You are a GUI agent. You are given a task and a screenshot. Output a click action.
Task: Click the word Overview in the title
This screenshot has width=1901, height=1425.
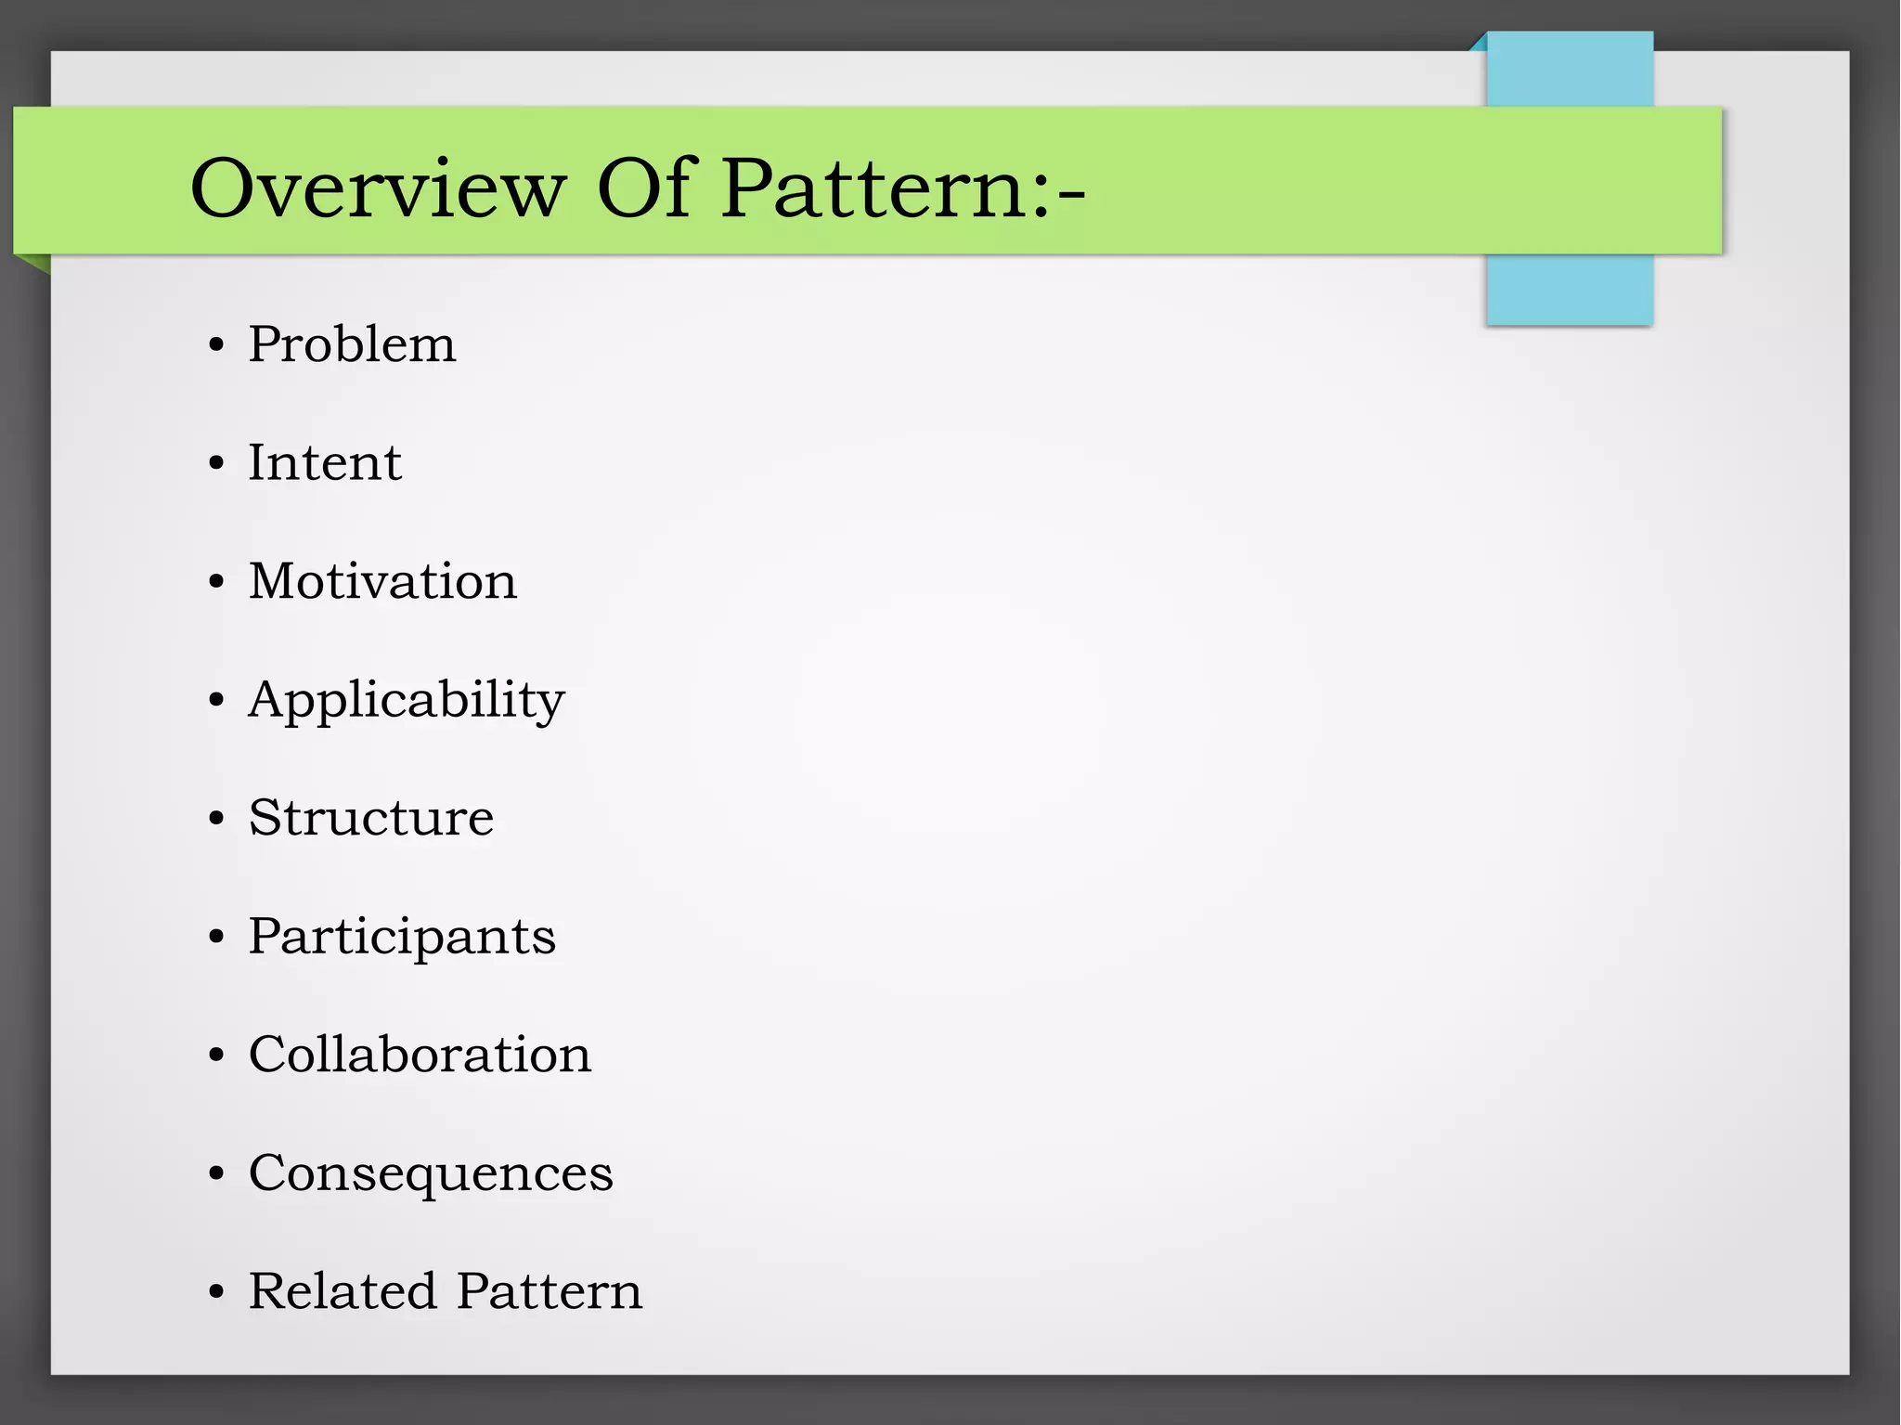coord(377,188)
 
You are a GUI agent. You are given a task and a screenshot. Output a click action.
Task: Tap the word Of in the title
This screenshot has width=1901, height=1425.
coord(644,188)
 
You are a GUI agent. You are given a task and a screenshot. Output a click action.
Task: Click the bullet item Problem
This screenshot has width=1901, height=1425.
coord(352,344)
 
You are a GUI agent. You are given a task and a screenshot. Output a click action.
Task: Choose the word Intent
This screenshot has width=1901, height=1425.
coord(324,462)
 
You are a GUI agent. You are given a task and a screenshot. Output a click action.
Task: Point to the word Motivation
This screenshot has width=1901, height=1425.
coord(382,581)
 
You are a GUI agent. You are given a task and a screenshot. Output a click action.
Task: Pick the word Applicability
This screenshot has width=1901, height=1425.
coord(406,701)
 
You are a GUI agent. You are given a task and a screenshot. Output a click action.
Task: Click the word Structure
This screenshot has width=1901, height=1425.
coord(370,818)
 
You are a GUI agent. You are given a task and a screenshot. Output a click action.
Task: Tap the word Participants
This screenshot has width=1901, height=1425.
coord(401,937)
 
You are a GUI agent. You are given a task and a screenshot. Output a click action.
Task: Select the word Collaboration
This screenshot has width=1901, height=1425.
coord(420,1055)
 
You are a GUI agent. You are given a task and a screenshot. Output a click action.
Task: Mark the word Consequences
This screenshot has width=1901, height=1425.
coord(431,1173)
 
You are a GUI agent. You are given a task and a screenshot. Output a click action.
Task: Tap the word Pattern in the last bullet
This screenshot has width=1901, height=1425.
coord(549,1291)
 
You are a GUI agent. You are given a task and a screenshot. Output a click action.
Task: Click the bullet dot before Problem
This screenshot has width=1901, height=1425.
coord(216,346)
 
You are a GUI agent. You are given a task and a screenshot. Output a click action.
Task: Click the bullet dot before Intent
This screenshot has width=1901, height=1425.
coord(216,464)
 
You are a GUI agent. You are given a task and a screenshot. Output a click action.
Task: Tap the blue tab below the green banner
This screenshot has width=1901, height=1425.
coord(1569,290)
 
